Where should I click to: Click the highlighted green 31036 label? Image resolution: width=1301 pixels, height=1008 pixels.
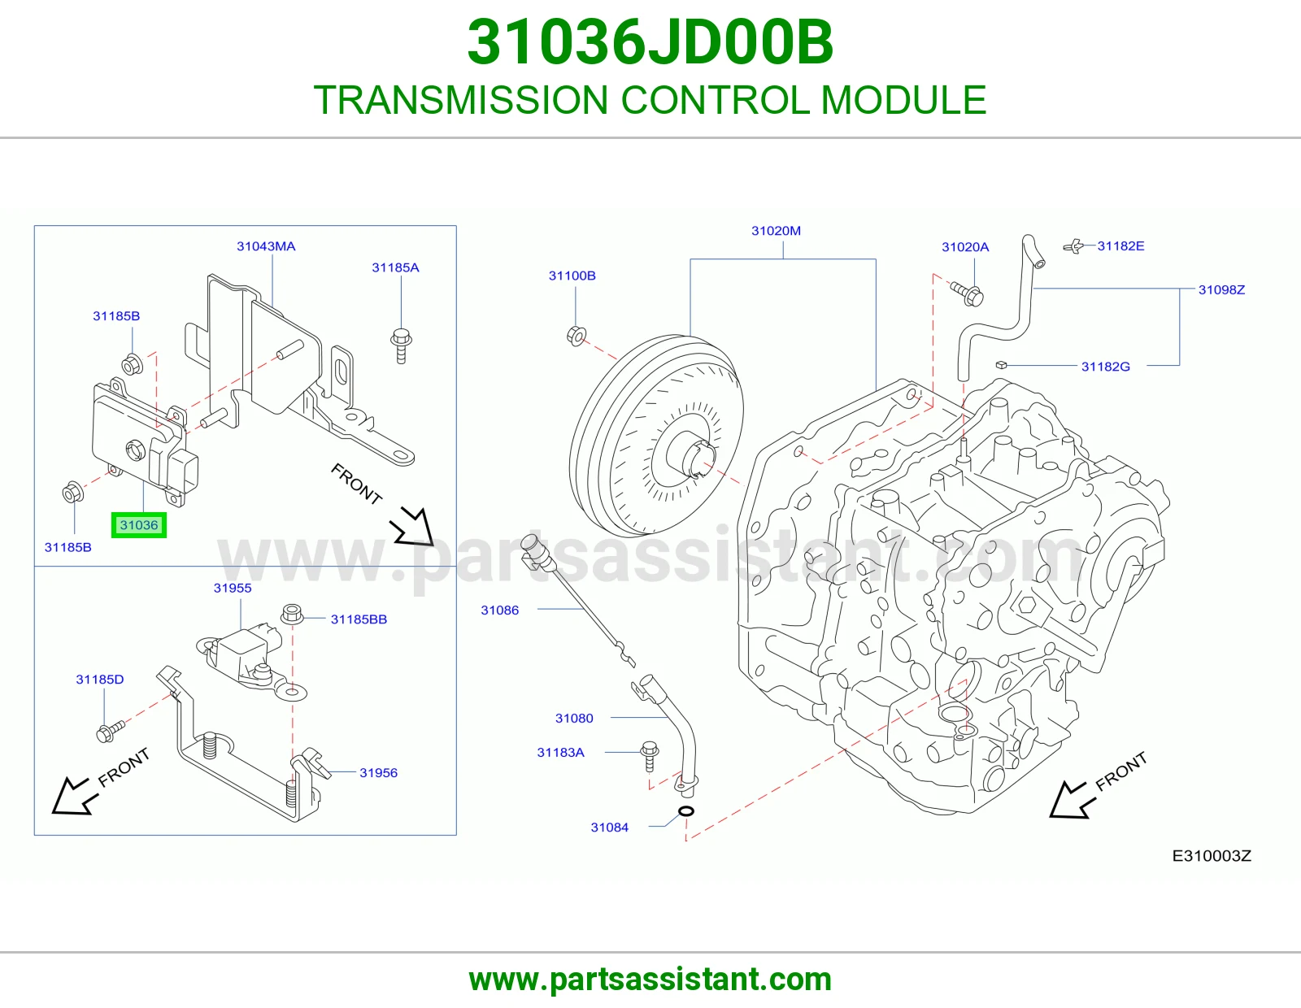tap(139, 525)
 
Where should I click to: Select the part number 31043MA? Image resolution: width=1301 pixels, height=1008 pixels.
tap(266, 246)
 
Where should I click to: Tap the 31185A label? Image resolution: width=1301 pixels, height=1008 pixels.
tap(395, 267)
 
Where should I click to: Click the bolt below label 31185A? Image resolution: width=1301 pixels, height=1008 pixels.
tap(401, 345)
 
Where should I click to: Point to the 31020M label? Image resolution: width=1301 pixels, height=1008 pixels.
tap(776, 231)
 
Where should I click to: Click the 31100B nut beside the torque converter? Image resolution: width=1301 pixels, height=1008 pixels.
tap(576, 335)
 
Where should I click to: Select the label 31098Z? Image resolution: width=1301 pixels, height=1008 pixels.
tap(1221, 289)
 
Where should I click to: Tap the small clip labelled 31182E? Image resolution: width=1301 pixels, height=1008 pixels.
tap(1073, 246)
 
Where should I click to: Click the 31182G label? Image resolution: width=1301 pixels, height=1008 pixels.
tap(1105, 367)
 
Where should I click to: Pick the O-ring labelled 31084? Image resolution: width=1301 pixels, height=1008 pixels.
tap(686, 811)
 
